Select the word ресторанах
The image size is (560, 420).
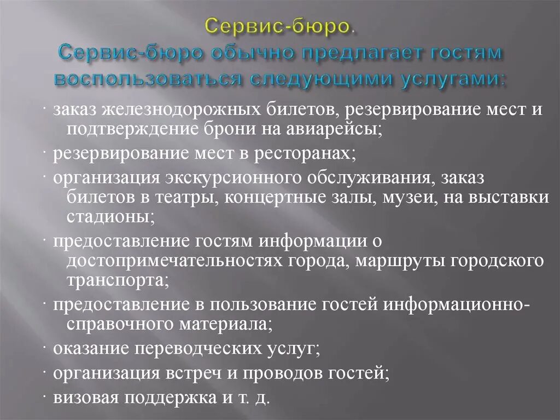pyautogui.click(x=304, y=154)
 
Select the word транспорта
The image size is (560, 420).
pyautogui.click(x=118, y=280)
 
